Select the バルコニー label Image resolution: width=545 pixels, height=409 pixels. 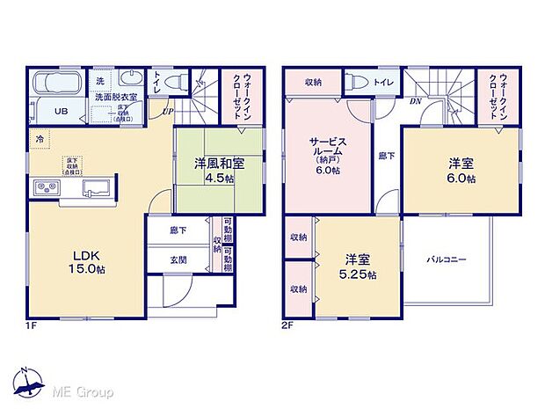coord(447,259)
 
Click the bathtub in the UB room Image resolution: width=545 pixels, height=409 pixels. coord(58,85)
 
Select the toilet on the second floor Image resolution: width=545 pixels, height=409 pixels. coord(358,82)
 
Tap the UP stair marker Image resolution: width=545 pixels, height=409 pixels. coord(165,111)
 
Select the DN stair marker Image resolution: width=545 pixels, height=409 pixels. coord(415,102)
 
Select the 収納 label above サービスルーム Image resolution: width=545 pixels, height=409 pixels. coord(314,82)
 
